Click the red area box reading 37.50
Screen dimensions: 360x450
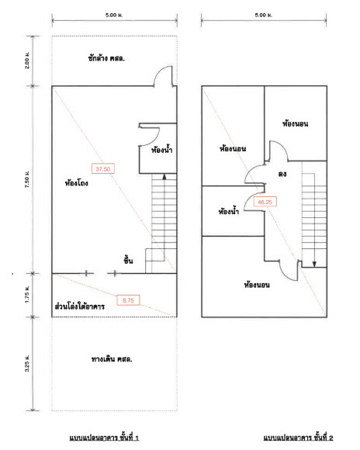click(103, 169)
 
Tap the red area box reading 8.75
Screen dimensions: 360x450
click(128, 300)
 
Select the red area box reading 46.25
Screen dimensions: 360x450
click(265, 202)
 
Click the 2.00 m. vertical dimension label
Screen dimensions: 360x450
click(27, 61)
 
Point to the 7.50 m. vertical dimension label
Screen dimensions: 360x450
click(27, 179)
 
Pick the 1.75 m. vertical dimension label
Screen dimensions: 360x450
click(27, 295)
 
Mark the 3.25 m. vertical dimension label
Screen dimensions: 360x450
click(27, 364)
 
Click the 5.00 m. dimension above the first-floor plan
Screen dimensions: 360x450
click(114, 15)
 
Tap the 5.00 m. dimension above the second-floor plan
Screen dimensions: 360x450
click(264, 15)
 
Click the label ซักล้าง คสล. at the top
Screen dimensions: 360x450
click(106, 58)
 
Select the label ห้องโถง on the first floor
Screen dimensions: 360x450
click(76, 183)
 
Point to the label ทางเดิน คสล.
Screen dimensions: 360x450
click(112, 358)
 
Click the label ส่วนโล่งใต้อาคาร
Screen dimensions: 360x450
click(79, 306)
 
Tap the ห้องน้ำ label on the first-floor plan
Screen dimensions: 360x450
click(162, 150)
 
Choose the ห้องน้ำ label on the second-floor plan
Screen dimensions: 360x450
click(229, 212)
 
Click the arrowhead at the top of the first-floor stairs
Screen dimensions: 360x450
click(164, 176)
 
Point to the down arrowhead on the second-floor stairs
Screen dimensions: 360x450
click(314, 264)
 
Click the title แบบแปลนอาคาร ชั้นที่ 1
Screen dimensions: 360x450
click(104, 438)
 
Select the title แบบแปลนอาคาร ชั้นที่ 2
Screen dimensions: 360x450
click(298, 438)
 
